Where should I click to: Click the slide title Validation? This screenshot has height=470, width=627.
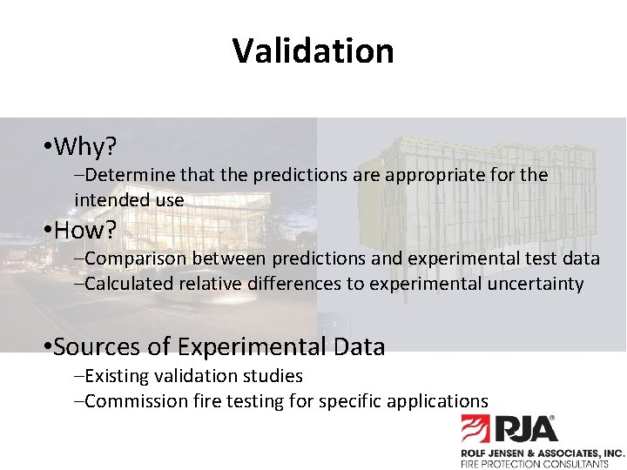click(313, 50)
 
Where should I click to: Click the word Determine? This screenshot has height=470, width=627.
click(128, 175)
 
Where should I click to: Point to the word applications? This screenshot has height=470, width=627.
click(440, 401)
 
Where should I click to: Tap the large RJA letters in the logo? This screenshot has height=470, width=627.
click(527, 429)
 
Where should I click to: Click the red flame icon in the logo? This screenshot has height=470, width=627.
click(475, 429)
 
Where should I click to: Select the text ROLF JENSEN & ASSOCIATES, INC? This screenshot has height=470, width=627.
click(542, 453)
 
